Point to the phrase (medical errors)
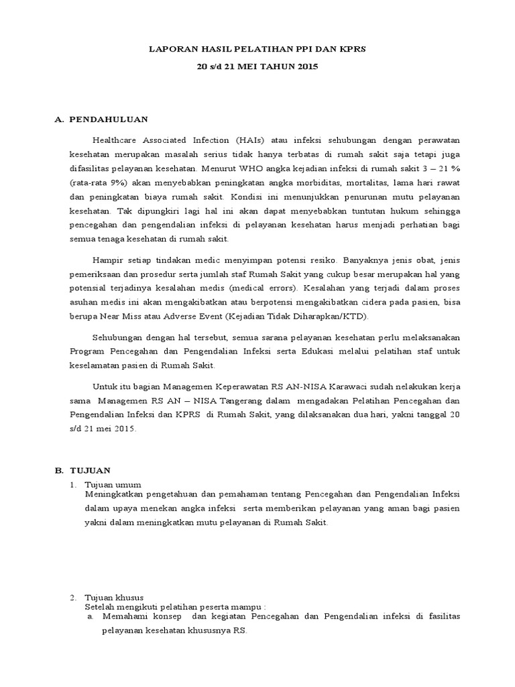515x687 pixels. (x=264, y=288)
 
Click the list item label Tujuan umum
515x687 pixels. (x=113, y=484)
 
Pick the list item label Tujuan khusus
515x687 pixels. (x=114, y=597)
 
